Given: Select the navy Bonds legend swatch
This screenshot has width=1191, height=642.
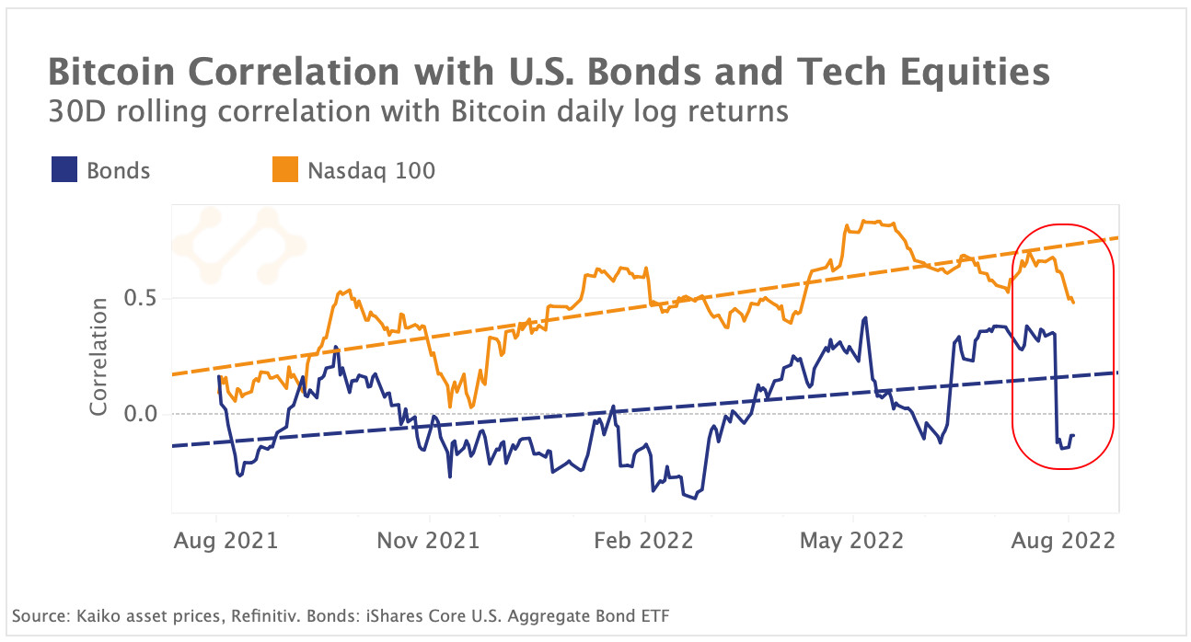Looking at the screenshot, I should [64, 170].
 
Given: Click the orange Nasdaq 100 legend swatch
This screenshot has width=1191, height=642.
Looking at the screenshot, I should [285, 170].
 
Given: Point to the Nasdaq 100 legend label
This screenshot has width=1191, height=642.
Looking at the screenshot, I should [372, 170].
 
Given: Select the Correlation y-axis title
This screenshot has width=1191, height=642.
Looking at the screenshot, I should [98, 356].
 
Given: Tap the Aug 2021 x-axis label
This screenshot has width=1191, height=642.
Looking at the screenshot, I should [225, 540].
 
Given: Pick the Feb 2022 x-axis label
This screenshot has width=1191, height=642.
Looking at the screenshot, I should [642, 540].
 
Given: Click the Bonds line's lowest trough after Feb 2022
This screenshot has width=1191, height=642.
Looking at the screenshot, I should [695, 498].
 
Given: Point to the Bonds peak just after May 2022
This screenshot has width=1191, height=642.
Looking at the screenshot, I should [866, 318].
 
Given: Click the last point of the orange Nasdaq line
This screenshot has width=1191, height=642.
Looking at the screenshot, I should [1073, 302].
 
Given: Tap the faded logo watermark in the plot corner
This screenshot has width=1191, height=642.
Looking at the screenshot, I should [238, 244].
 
